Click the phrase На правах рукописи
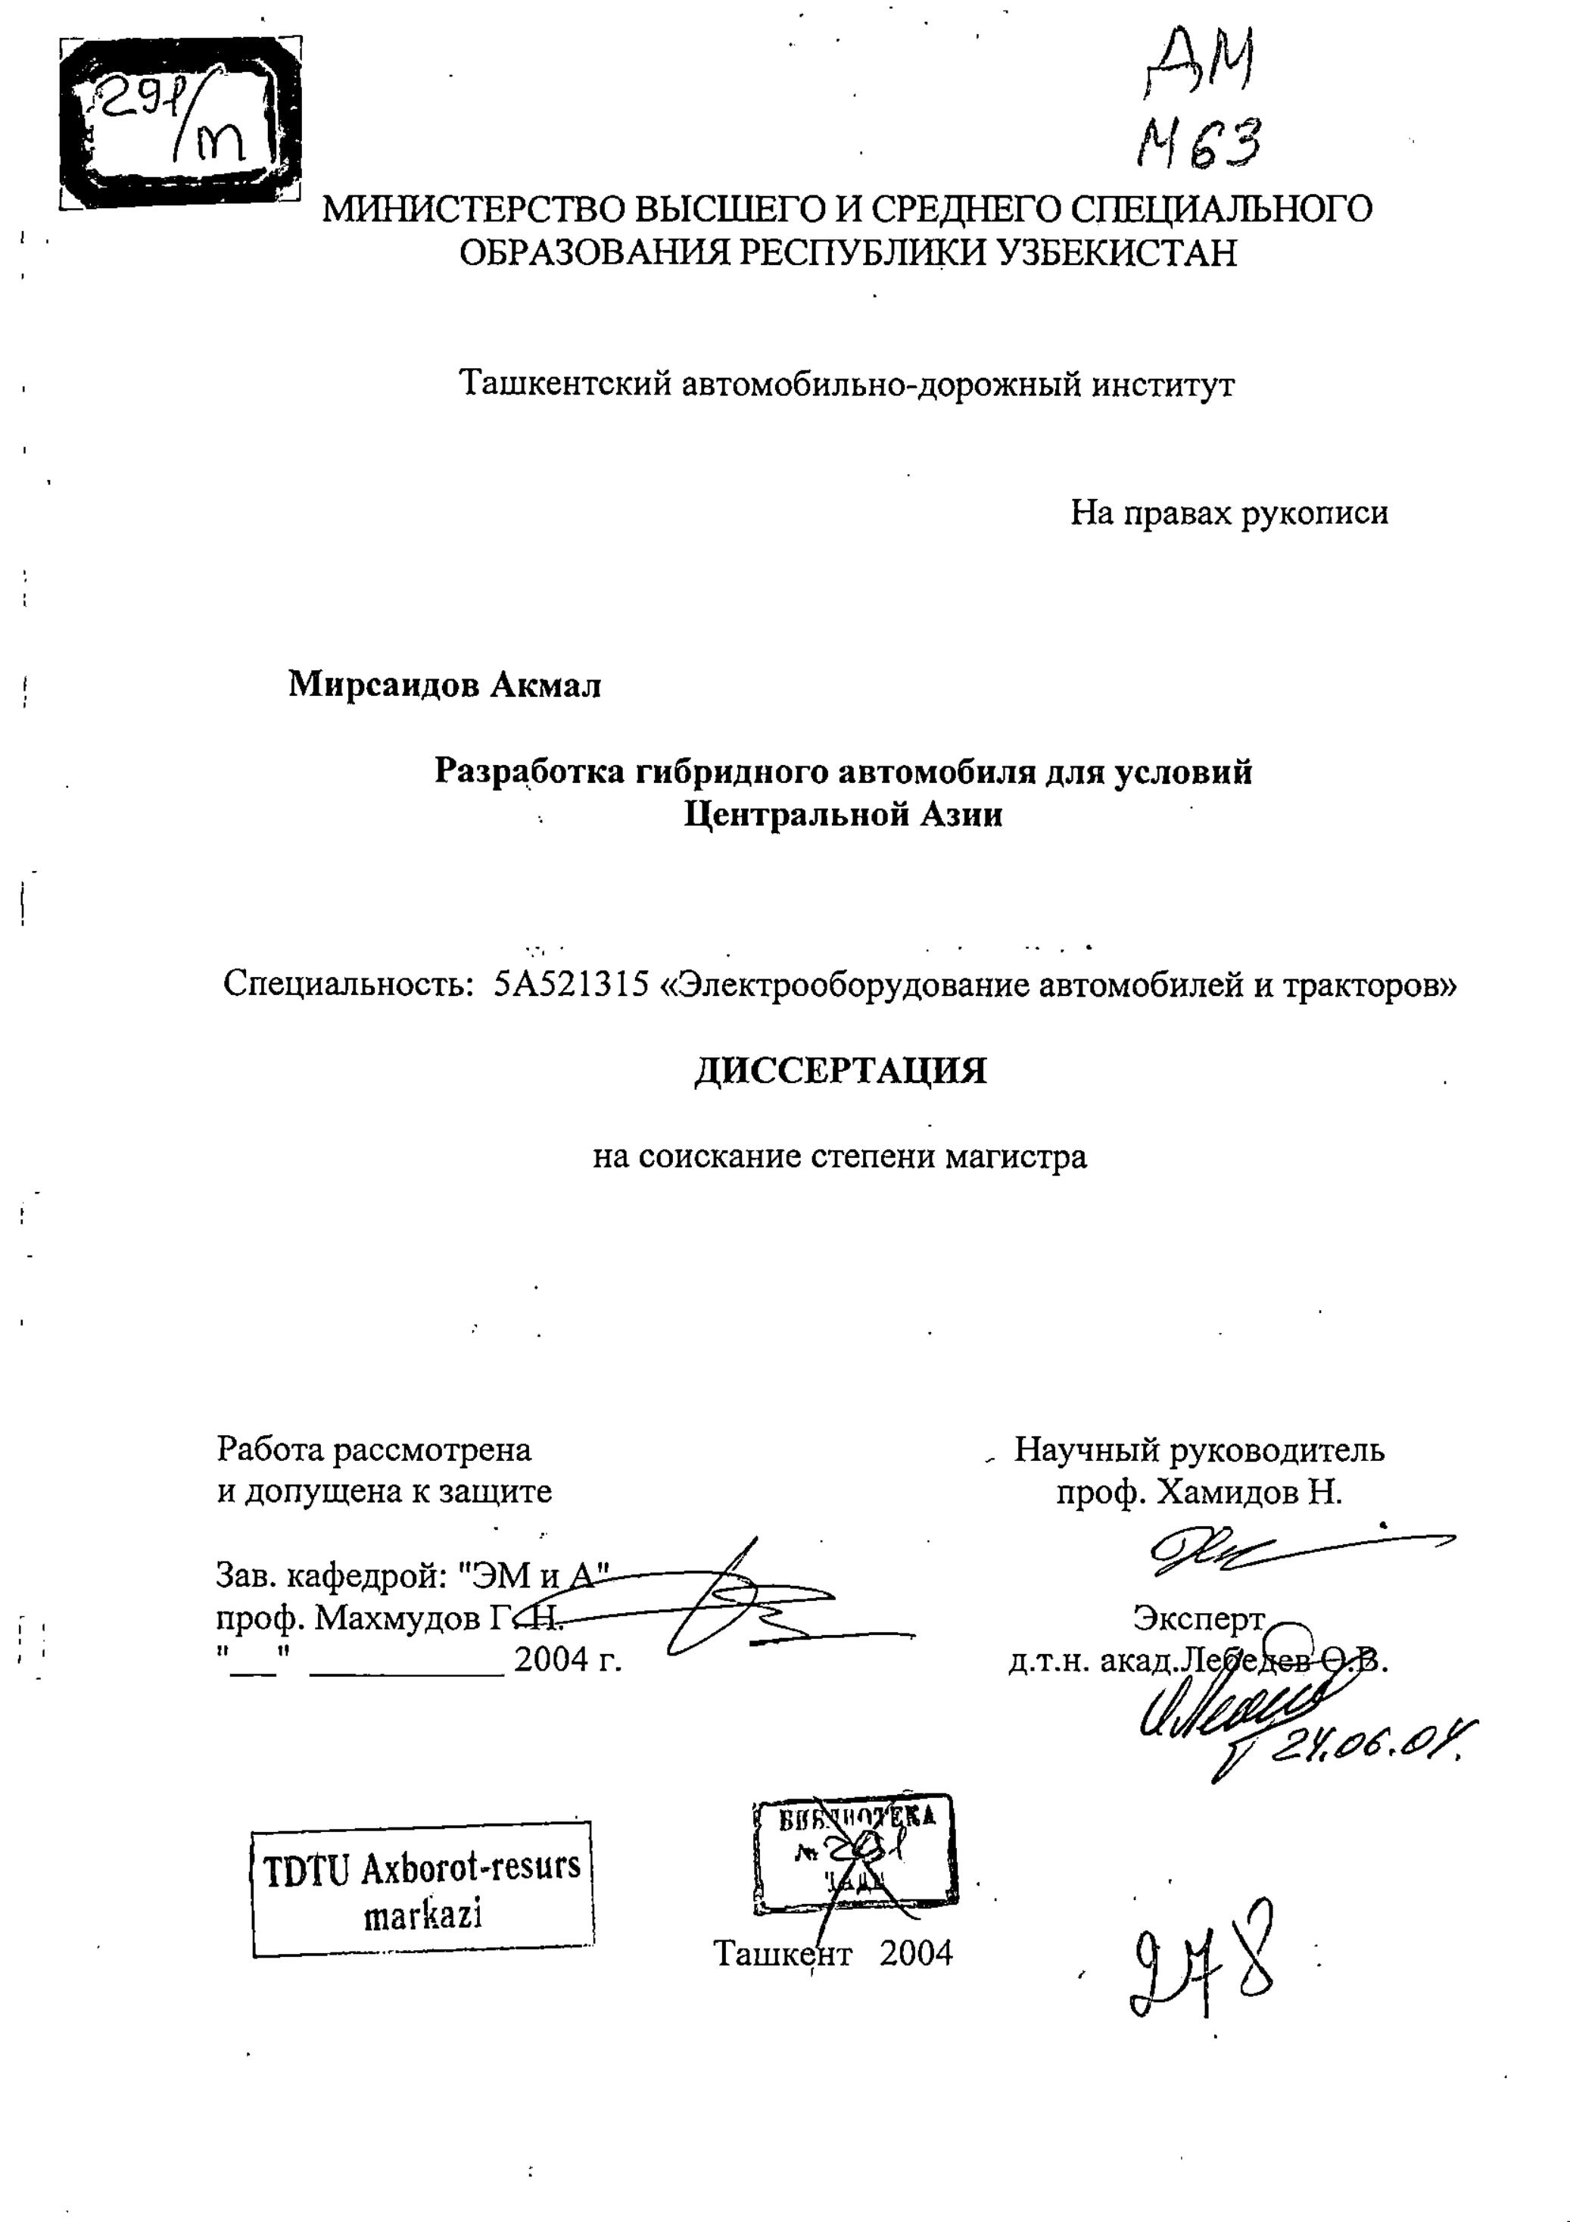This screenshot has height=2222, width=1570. click(1229, 512)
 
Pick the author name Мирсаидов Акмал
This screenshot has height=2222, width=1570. click(445, 685)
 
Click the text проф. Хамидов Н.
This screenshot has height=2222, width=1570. click(1200, 1492)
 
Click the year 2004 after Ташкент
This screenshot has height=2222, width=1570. click(916, 1953)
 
